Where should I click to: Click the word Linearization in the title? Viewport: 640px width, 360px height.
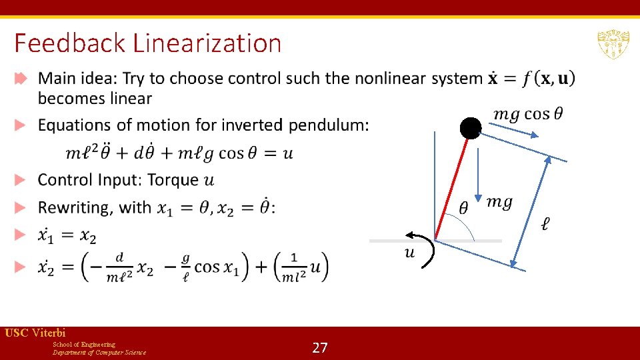(x=207, y=44)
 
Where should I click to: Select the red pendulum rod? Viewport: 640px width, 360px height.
(x=453, y=184)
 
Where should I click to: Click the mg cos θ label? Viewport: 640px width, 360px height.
(x=527, y=114)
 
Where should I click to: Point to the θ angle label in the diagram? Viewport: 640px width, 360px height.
(x=463, y=207)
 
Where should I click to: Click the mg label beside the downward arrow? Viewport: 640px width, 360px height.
(x=499, y=202)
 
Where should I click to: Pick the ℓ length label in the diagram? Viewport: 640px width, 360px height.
(x=545, y=224)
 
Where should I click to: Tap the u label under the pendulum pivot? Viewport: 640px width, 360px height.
(x=409, y=252)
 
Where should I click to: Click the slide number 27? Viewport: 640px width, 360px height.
(x=320, y=347)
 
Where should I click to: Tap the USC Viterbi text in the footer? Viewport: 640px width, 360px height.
(x=35, y=333)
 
